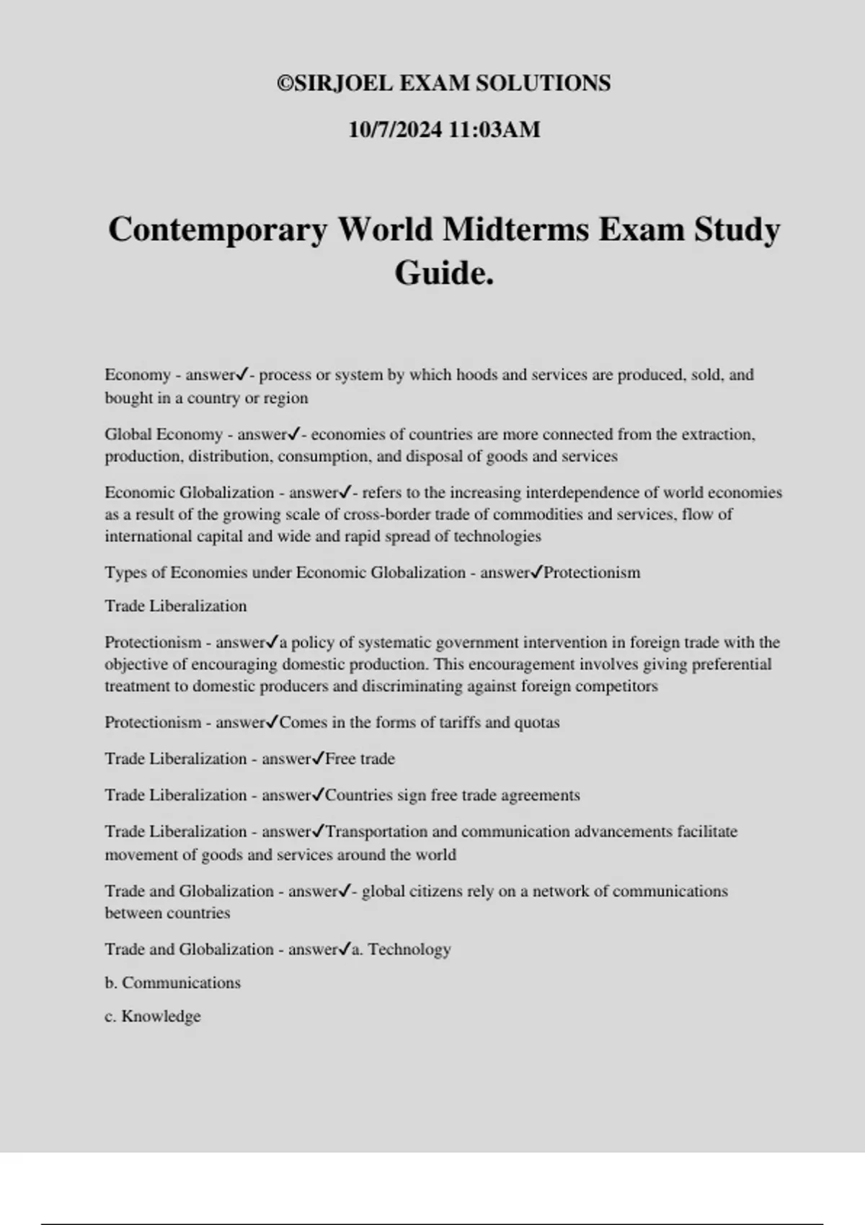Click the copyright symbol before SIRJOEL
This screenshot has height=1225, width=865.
click(x=285, y=84)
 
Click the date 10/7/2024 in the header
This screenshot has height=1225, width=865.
click(x=395, y=130)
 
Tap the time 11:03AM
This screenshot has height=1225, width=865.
click(x=494, y=130)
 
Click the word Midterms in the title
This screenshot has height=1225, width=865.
click(x=517, y=230)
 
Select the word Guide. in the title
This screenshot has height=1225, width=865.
click(x=444, y=273)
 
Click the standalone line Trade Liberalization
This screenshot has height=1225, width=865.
click(x=176, y=606)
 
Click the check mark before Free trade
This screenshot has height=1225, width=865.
click(x=318, y=758)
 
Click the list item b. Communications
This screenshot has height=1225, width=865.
click(x=173, y=983)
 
